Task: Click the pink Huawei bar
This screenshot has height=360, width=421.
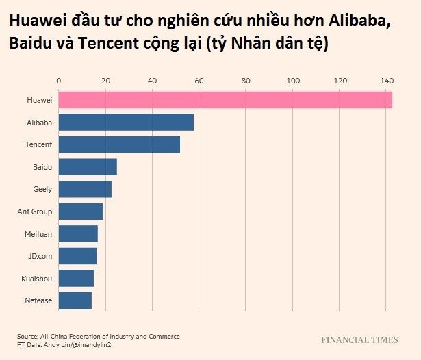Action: (x=225, y=100)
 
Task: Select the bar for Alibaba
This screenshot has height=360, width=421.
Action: (x=126, y=123)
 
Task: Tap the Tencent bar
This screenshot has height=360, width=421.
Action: (x=119, y=144)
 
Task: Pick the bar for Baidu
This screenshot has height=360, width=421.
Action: (x=88, y=166)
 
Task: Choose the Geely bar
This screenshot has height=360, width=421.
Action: (x=85, y=189)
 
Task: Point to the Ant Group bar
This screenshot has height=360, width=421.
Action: (x=81, y=211)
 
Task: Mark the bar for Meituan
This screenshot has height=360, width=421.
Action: (x=78, y=233)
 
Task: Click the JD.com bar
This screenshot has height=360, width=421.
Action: (x=77, y=255)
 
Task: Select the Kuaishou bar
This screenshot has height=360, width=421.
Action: (x=76, y=278)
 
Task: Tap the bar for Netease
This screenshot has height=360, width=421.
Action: (x=75, y=300)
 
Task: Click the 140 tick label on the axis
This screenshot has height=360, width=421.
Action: (x=387, y=81)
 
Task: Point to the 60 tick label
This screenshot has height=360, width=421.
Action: (x=199, y=81)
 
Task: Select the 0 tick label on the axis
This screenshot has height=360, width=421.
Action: (x=59, y=81)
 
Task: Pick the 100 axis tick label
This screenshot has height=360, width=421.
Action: (x=293, y=81)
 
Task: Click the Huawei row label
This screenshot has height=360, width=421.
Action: (x=40, y=100)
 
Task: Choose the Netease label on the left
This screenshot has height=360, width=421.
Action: (x=38, y=300)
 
